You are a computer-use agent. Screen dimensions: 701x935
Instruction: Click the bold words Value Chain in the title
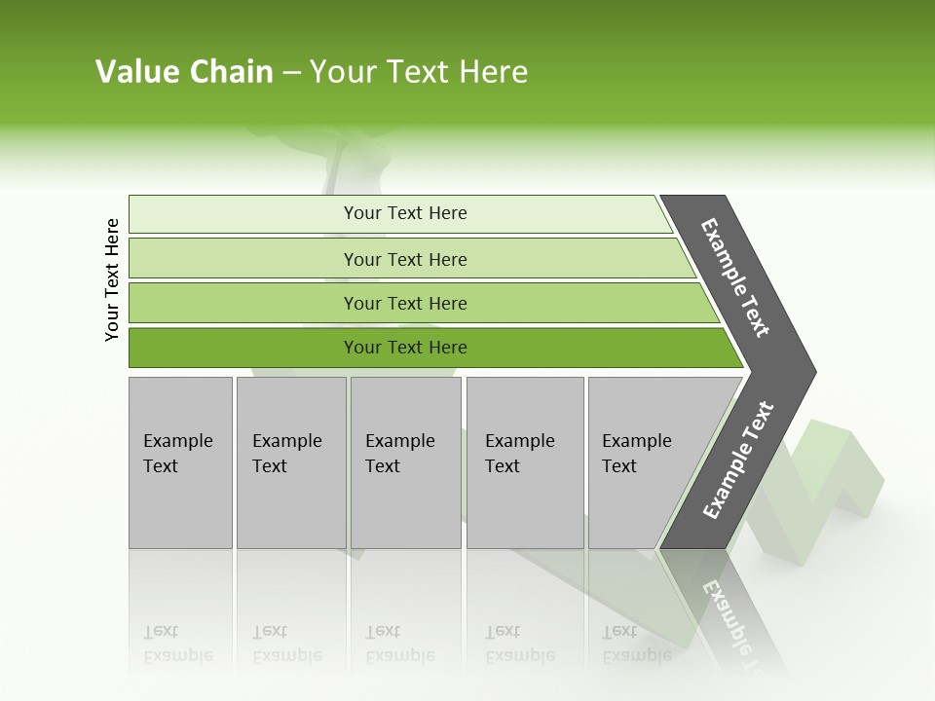click(184, 72)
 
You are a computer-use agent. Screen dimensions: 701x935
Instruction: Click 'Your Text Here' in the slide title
click(419, 72)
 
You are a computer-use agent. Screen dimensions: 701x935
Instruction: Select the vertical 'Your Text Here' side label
click(112, 280)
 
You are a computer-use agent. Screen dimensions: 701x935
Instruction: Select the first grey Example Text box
click(180, 462)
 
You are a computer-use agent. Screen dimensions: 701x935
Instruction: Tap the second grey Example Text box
click(291, 462)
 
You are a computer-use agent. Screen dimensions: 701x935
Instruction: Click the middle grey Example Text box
click(405, 462)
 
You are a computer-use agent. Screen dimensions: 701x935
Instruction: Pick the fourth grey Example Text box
click(525, 462)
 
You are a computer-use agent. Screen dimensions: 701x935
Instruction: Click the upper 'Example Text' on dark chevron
click(735, 277)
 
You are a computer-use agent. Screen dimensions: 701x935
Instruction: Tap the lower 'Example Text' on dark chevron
click(738, 461)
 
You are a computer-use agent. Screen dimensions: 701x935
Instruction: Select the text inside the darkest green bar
click(405, 348)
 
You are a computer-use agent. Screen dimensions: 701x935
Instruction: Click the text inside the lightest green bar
click(405, 213)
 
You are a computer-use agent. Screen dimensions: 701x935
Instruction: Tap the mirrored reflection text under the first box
click(177, 644)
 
